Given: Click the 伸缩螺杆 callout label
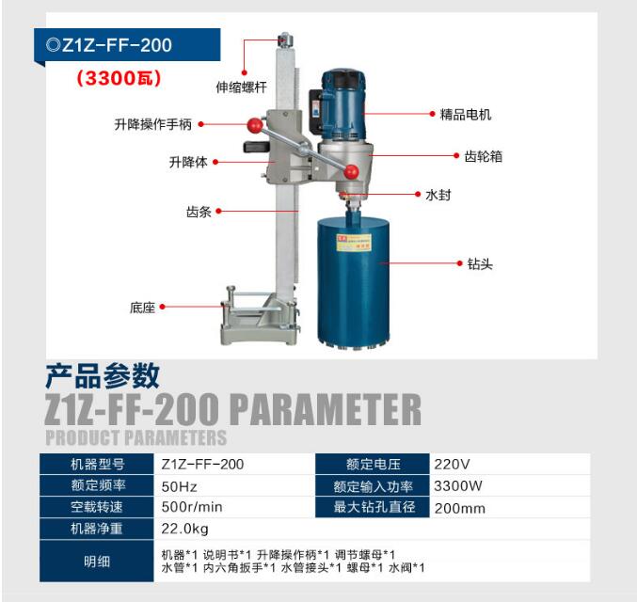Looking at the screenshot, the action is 241,87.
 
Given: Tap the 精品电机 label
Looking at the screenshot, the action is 466,115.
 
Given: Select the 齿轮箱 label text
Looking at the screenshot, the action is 484,156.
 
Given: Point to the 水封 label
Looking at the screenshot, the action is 438,195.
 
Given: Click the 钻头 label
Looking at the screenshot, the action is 480,264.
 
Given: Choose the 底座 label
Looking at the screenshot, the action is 143,308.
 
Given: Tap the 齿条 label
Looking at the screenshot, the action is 199,212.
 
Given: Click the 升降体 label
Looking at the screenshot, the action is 188,162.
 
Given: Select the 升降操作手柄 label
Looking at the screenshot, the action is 153,124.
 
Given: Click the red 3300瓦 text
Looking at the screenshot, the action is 119,78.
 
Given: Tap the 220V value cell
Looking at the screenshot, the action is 452,464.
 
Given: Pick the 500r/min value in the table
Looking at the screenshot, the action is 192,507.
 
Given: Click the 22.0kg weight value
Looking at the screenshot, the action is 184,529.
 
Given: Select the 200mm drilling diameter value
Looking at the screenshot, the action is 460,508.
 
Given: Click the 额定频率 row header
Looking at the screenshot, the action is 98,485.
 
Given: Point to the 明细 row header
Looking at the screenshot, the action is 97,562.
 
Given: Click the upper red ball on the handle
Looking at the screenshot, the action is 255,125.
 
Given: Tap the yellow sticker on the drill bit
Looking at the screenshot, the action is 353,242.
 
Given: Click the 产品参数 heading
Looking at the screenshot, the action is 103,375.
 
